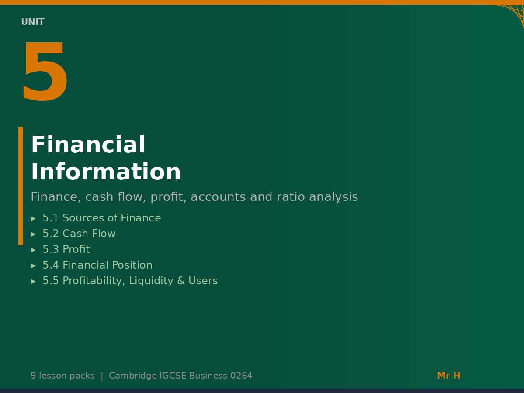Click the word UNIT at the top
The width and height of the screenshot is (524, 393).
click(x=33, y=22)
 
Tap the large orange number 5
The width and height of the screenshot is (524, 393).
click(x=45, y=73)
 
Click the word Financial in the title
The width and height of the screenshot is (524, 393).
click(x=88, y=145)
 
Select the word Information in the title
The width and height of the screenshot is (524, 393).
click(x=106, y=172)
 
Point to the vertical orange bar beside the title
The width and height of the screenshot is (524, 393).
click(x=21, y=186)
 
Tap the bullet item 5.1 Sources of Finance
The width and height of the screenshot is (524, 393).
click(x=101, y=218)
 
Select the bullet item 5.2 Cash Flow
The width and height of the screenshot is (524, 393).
click(x=79, y=234)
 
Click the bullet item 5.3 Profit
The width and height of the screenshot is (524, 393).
click(x=66, y=250)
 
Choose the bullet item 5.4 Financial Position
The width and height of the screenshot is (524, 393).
click(x=97, y=265)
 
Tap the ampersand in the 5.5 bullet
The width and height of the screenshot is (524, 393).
click(x=181, y=281)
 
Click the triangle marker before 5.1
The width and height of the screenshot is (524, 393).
click(x=33, y=218)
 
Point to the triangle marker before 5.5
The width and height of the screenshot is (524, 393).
click(x=33, y=281)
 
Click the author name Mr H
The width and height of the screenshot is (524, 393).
click(x=448, y=376)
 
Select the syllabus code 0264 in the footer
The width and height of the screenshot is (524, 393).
click(x=241, y=376)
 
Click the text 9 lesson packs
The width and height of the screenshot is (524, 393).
click(x=62, y=376)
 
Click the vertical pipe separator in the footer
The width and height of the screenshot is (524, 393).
click(x=102, y=376)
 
